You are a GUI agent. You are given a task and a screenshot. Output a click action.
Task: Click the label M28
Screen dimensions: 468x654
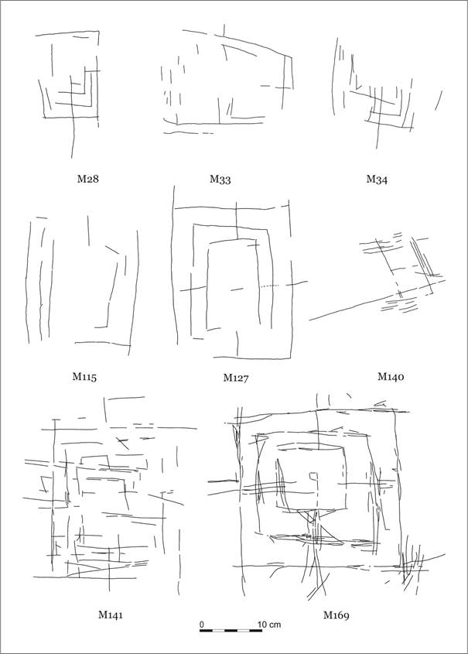tap(88, 180)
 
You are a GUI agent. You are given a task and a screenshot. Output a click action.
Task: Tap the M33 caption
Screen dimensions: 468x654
tap(220, 180)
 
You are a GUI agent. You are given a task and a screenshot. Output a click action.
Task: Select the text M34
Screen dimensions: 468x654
tap(377, 180)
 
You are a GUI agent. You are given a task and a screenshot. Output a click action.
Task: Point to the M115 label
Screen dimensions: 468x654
tap(84, 377)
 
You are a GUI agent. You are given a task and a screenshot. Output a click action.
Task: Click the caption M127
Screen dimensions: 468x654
tap(236, 378)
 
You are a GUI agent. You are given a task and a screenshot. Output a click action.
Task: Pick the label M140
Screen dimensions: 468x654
tap(391, 377)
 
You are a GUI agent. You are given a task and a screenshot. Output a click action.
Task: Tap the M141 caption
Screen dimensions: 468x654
tap(111, 614)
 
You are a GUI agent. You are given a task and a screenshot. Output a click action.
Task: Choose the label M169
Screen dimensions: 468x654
tap(336, 615)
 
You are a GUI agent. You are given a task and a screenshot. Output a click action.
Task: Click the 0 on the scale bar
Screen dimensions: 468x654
tap(202, 625)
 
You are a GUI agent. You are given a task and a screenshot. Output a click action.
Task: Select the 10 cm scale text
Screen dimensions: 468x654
tap(269, 625)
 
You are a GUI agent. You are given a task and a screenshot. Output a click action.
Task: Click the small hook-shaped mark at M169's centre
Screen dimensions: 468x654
tap(313, 478)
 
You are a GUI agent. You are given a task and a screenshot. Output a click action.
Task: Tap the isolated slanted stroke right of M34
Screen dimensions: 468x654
tap(439, 101)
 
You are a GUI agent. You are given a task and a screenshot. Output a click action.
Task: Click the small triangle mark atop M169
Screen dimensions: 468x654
tap(381, 403)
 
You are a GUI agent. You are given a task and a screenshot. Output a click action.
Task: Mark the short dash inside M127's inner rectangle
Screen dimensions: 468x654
tap(237, 289)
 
